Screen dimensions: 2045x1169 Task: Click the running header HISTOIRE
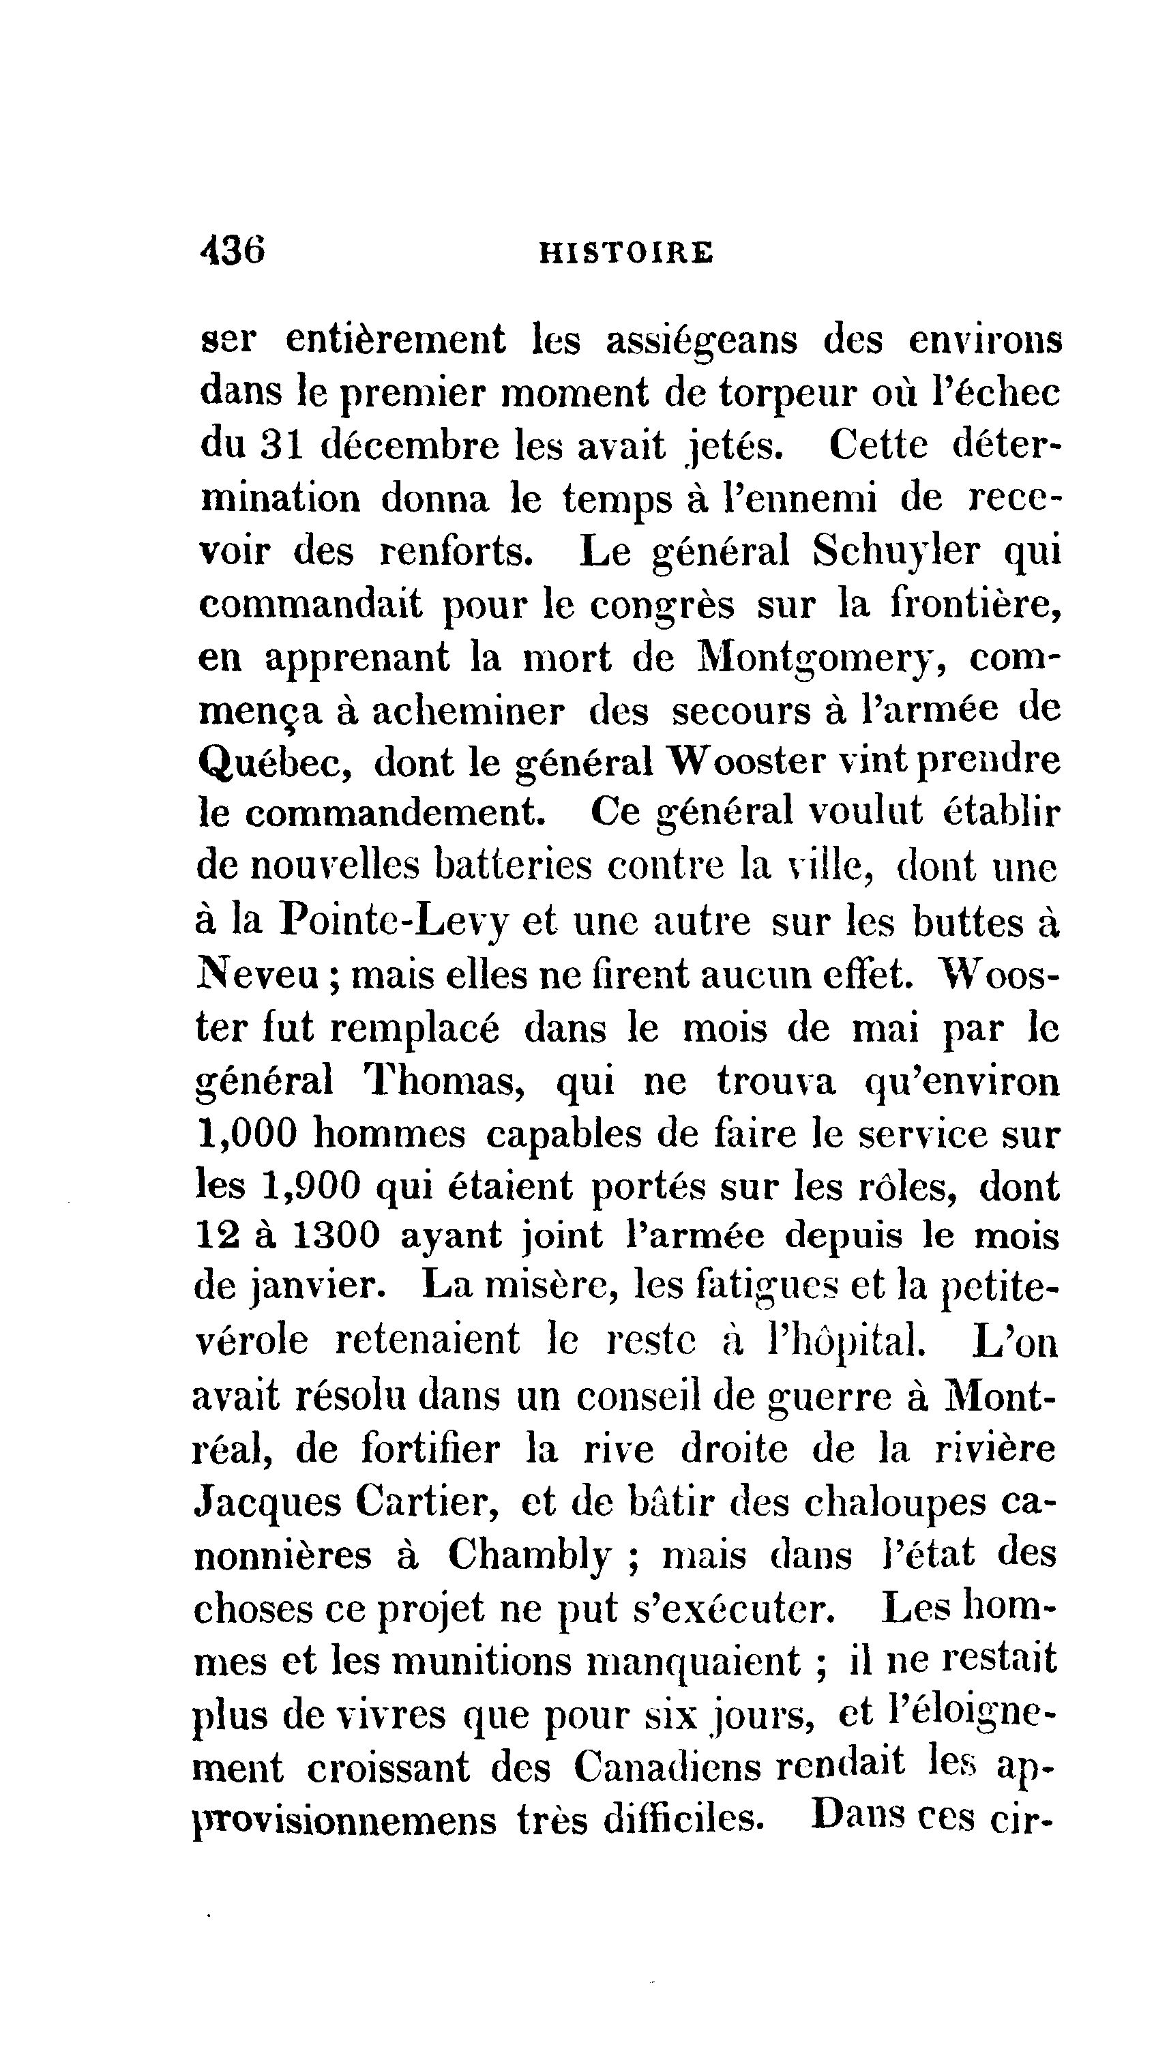click(626, 253)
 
